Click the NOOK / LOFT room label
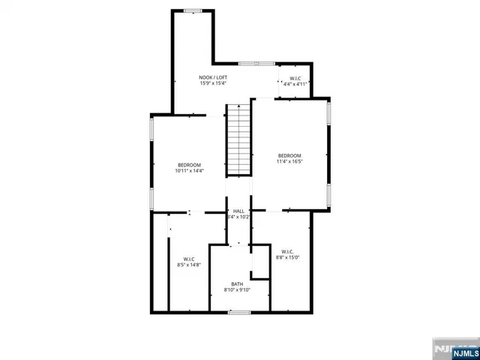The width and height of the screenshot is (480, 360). (213, 77)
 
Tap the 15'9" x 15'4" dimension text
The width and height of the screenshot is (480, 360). (213, 83)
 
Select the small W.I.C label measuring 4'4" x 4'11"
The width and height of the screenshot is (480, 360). (295, 79)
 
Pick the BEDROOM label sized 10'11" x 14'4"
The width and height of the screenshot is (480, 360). (189, 165)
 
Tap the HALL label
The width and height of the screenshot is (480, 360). (238, 211)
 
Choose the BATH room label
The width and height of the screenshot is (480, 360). (237, 283)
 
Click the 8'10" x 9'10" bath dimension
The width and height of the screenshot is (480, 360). (237, 290)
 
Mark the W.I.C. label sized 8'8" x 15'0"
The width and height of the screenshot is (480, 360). (287, 251)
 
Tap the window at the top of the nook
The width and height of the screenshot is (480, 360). (193, 10)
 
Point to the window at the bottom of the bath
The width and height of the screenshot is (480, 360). (239, 311)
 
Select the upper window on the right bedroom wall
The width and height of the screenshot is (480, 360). (328, 112)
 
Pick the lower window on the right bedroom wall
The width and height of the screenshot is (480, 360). (328, 195)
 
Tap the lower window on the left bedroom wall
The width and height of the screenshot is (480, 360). (152, 199)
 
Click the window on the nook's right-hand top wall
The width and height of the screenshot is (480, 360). (257, 63)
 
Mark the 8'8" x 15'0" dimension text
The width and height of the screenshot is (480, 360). (287, 257)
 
